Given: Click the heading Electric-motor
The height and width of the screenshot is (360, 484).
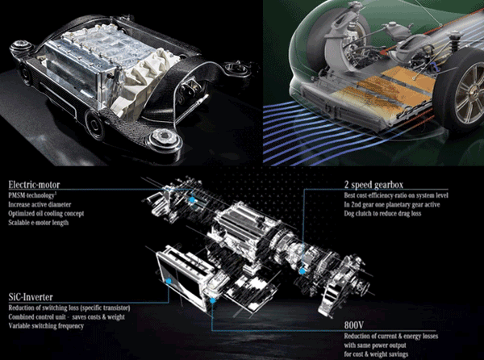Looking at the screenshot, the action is pyautogui.click(x=34, y=185).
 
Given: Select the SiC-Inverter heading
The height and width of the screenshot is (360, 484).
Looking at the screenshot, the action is pyautogui.click(x=31, y=297).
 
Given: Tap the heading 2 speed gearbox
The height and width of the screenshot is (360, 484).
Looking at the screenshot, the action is pyautogui.click(x=373, y=185).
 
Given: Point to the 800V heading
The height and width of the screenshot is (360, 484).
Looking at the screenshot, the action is pyautogui.click(x=354, y=324).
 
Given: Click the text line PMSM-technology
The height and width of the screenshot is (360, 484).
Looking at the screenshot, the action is pyautogui.click(x=32, y=195).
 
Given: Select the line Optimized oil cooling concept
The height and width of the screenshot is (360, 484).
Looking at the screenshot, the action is pyautogui.click(x=46, y=213).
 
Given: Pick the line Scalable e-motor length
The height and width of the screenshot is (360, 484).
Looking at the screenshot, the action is pyautogui.click(x=38, y=223).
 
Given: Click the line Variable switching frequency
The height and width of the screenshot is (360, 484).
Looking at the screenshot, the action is pyautogui.click(x=46, y=326).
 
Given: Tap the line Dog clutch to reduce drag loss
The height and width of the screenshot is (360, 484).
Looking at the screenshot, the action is pyautogui.click(x=382, y=213).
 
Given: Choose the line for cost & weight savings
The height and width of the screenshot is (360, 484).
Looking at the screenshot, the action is pyautogui.click(x=376, y=354).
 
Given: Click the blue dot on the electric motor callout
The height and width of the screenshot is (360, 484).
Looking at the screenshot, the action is pyautogui.click(x=192, y=199).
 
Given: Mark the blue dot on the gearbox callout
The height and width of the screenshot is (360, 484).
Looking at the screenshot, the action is pyautogui.click(x=302, y=271).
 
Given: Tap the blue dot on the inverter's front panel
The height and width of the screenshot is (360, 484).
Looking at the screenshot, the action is pyautogui.click(x=169, y=281).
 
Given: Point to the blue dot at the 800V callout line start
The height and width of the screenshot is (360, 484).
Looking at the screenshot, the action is pyautogui.click(x=212, y=300).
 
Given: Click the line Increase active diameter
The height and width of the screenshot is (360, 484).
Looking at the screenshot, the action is pyautogui.click(x=40, y=204).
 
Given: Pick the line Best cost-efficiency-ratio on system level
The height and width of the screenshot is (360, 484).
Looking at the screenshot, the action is pyautogui.click(x=396, y=195).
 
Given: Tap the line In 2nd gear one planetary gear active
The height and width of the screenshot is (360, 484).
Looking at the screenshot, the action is pyautogui.click(x=392, y=204).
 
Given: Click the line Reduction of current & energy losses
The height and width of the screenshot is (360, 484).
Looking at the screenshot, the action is pyautogui.click(x=390, y=336).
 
